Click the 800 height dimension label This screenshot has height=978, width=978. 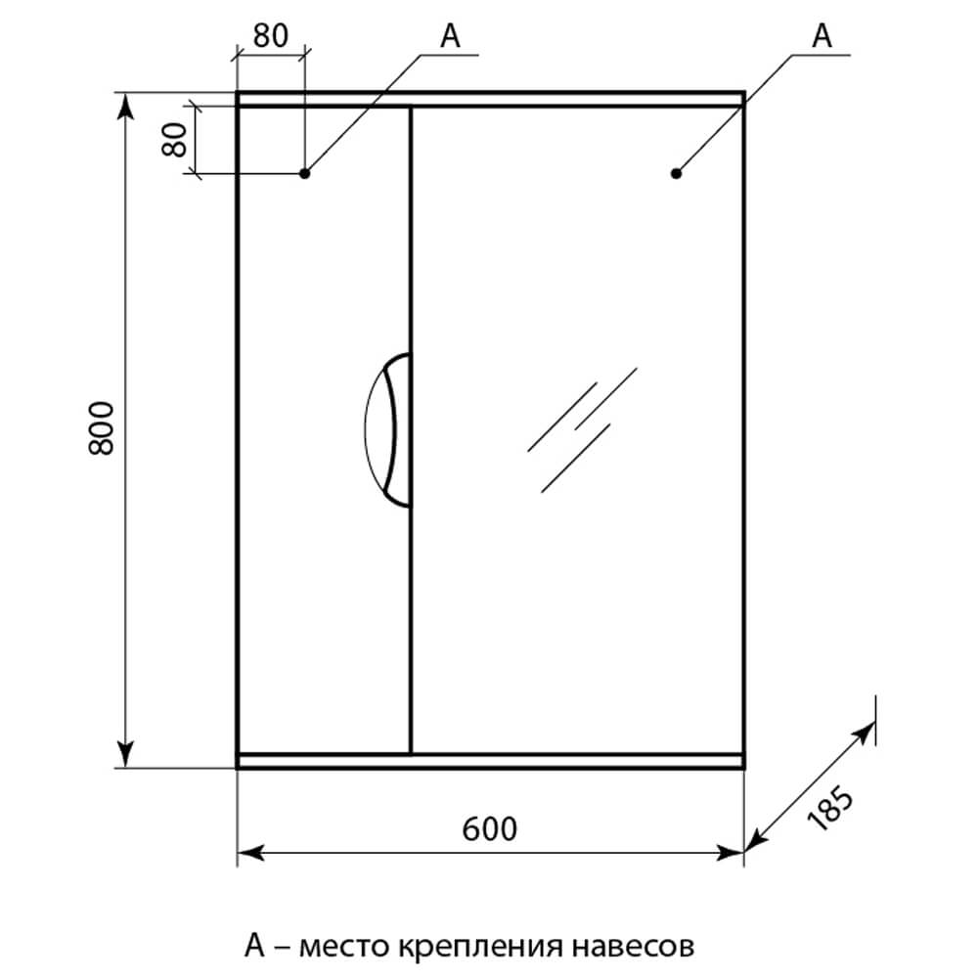(102, 428)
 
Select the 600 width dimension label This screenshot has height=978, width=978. (490, 829)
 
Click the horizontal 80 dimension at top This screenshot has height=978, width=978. (271, 35)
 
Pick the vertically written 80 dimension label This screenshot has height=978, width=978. (175, 139)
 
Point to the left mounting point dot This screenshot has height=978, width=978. (304, 173)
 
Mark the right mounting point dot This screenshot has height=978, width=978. (676, 173)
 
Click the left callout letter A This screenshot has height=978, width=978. (450, 35)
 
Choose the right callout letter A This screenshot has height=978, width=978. (822, 35)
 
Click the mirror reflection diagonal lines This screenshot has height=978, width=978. (582, 429)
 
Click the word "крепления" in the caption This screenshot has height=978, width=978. (479, 948)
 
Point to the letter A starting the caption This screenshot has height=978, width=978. (254, 945)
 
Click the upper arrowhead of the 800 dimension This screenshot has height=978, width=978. (126, 106)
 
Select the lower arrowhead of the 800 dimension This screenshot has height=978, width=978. (126, 754)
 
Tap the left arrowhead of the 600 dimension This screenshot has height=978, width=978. (250, 853)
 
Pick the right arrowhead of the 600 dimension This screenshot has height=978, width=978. (731, 853)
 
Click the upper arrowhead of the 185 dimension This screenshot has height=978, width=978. (865, 733)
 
